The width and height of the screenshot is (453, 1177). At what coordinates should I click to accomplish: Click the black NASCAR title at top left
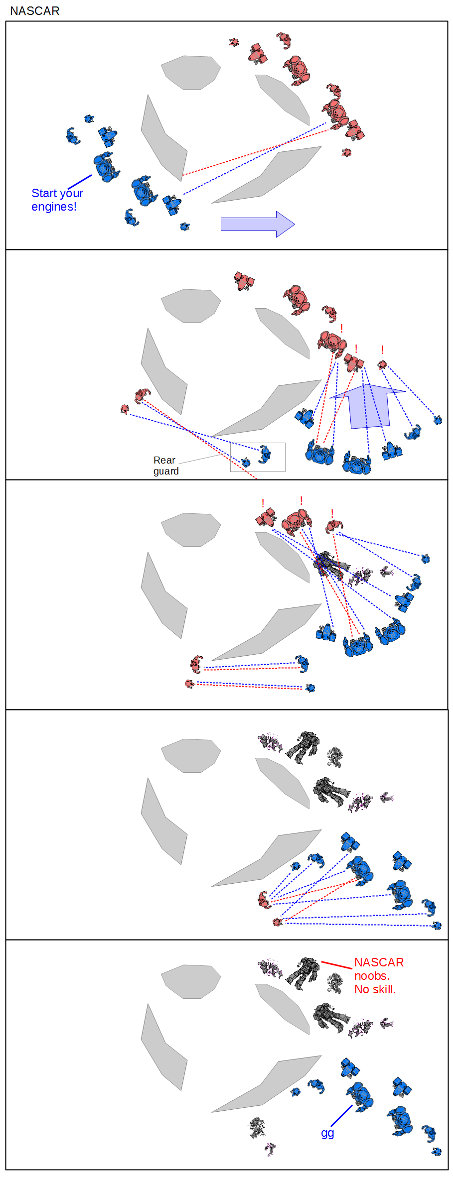[34, 11]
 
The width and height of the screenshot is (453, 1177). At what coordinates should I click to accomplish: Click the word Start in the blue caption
[44, 193]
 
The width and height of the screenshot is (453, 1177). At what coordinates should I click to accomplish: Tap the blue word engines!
[54, 207]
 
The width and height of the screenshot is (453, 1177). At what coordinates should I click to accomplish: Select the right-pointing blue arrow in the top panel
[257, 224]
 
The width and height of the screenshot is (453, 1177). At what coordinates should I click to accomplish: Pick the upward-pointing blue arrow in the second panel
[368, 406]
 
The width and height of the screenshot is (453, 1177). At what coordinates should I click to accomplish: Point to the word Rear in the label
[164, 460]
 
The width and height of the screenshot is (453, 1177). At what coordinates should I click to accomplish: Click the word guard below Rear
[166, 471]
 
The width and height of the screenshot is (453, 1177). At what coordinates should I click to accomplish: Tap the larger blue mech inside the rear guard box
[265, 454]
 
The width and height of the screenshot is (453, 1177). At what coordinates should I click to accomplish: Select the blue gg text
[327, 1133]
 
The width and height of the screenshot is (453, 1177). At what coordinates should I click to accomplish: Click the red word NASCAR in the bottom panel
[379, 962]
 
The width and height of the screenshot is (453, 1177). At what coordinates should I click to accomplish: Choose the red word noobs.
[372, 976]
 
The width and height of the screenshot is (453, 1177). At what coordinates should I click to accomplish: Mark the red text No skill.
[375, 989]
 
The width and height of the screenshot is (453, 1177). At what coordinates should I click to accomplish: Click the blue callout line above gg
[341, 1116]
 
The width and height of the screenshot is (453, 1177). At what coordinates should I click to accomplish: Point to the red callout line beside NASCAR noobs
[337, 965]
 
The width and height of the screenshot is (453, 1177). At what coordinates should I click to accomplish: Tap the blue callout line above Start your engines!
[80, 182]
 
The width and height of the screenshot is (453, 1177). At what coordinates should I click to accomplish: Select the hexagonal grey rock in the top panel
[191, 72]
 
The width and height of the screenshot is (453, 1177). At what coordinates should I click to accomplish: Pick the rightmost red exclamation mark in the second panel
[382, 350]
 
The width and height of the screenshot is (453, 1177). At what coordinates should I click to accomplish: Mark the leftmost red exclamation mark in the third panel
[263, 503]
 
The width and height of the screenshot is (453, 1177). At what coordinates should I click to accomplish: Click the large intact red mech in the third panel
[297, 521]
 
